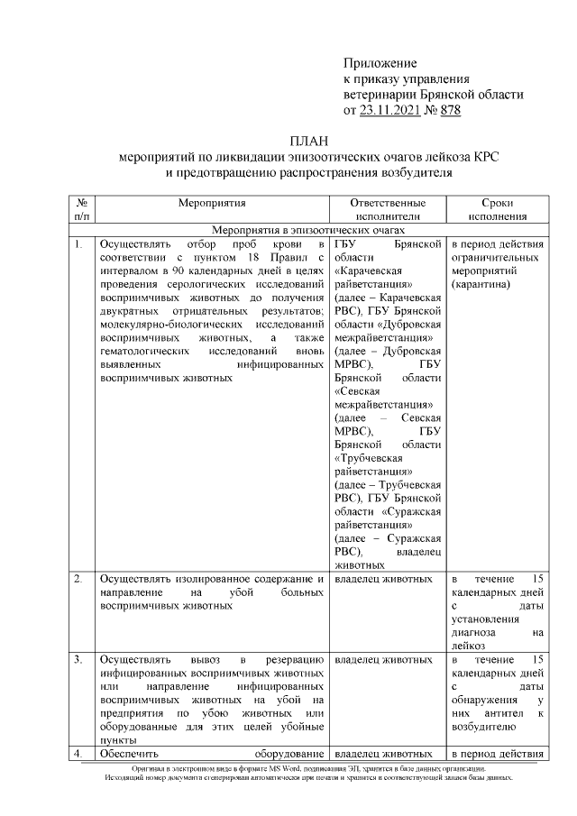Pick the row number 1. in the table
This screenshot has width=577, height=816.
pos(79,244)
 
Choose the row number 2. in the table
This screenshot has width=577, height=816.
pos(79,578)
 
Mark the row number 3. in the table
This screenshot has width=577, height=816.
pos(79,660)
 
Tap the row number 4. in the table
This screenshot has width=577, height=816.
pos(79,754)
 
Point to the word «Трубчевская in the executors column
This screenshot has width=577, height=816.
pos(374,457)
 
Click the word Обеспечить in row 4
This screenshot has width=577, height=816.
pos(129,754)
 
